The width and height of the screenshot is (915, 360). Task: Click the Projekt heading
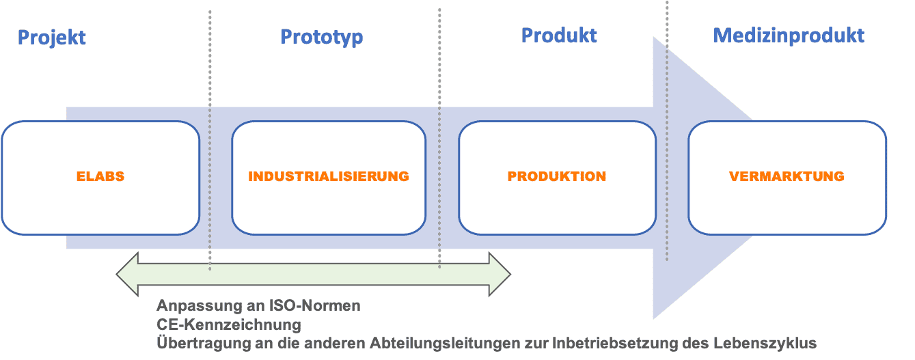[52, 37]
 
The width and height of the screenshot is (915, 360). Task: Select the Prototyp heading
[321, 36]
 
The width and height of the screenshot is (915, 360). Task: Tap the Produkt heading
[559, 35]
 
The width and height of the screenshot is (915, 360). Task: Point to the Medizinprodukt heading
[789, 35]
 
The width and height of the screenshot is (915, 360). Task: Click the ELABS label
[100, 176]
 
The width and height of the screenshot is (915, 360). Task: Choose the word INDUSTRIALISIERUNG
[329, 176]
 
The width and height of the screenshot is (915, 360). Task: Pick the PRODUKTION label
[556, 176]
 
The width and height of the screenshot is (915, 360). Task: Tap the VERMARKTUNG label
[787, 176]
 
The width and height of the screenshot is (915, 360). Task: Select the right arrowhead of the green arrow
[500, 275]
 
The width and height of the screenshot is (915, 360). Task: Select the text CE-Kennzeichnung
[229, 324]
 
